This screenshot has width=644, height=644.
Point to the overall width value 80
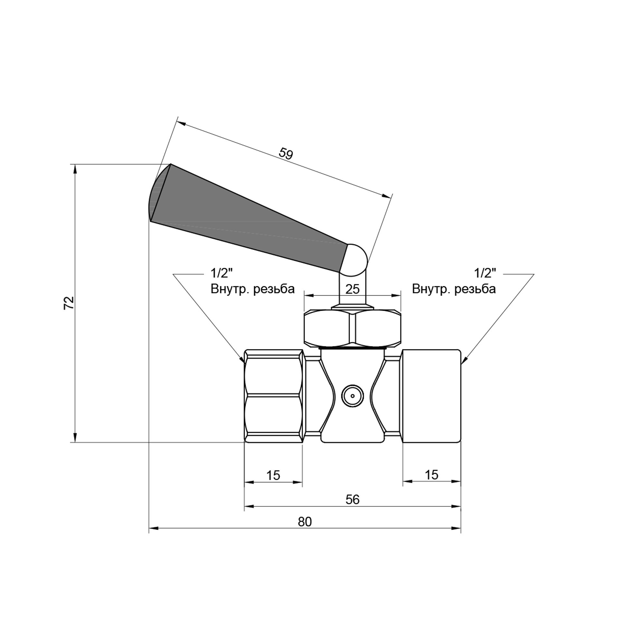(x=305, y=522)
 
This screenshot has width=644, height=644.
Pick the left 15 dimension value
(x=273, y=475)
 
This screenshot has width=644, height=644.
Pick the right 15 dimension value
(x=431, y=475)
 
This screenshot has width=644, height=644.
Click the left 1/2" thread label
(x=221, y=273)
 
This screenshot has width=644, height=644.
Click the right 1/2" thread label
(x=485, y=273)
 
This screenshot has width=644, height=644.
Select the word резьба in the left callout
(x=274, y=289)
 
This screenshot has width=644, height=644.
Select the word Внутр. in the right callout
(x=431, y=289)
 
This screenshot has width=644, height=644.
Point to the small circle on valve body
(x=352, y=396)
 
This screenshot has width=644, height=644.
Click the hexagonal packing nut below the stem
(x=352, y=328)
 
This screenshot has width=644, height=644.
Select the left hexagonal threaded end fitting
(x=273, y=396)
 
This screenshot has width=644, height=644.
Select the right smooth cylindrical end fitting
(x=432, y=396)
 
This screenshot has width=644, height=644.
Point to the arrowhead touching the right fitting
(x=464, y=361)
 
